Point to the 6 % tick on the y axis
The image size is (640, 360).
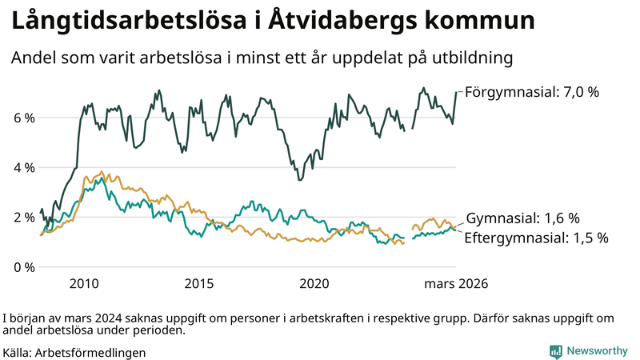coord(23,118)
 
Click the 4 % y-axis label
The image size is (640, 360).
coord(23,167)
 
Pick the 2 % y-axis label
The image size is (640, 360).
coord(23,217)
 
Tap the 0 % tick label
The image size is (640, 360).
coord(23,266)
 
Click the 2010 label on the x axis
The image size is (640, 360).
coord(84,284)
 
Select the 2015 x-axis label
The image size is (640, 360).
coord(199,284)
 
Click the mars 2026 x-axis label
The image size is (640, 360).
coord(456,284)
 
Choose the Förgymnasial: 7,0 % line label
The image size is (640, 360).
coord(531,92)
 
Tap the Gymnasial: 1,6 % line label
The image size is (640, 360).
coord(522,218)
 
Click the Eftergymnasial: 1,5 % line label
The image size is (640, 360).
coord(536,238)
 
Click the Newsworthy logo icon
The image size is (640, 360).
coord(555,351)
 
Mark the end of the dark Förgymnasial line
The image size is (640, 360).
coord(456,92)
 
